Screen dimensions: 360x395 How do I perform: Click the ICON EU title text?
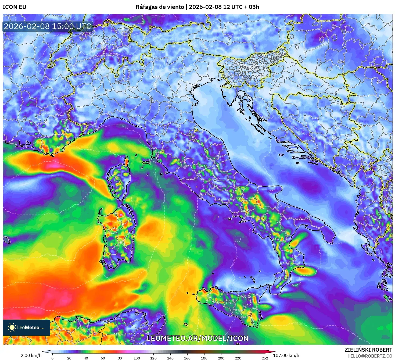[15, 7]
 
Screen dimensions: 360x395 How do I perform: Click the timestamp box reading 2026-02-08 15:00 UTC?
[48, 26]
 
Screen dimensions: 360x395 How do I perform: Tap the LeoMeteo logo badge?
[26, 327]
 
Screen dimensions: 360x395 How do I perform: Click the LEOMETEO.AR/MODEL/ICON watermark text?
[198, 338]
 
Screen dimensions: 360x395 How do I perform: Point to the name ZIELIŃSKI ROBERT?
[368, 350]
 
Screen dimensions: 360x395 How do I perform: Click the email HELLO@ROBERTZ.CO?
[370, 356]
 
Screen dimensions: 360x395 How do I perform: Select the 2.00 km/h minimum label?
[31, 355]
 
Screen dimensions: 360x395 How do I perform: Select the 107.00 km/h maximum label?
[286, 355]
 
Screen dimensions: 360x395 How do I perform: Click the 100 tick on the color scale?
[137, 358]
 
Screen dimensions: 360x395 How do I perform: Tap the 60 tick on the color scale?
[103, 358]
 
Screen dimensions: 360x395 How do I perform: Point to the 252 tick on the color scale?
[265, 358]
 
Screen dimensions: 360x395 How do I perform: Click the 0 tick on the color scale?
[52, 358]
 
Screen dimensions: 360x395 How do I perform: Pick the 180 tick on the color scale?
[204, 358]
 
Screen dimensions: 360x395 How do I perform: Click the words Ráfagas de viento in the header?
[160, 7]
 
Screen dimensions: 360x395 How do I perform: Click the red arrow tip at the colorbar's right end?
[274, 351]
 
